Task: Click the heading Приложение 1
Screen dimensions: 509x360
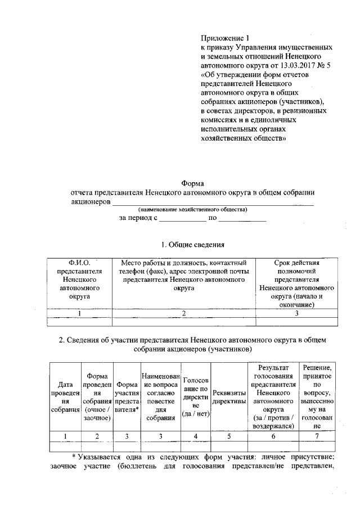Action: (x=224, y=38)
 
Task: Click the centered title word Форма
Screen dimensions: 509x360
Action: (x=192, y=183)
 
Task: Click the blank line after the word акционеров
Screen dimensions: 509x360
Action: (x=213, y=201)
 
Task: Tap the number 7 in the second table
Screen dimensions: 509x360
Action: (x=318, y=436)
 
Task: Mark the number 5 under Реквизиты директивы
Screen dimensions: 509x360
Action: (x=229, y=436)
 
